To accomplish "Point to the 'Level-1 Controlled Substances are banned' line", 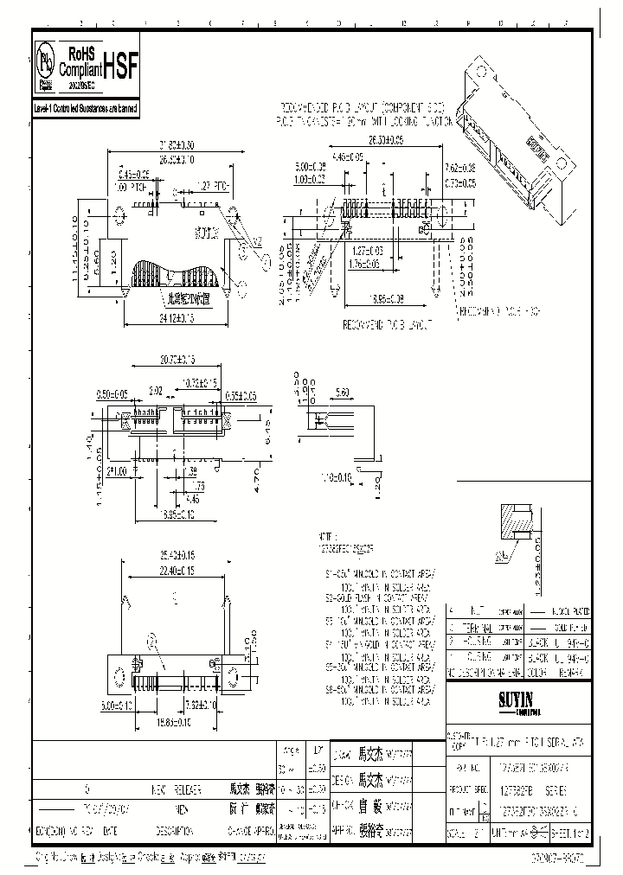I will tap(85, 109).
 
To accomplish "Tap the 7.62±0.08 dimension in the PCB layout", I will tap(460, 166).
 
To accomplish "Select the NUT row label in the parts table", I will tap(472, 610).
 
